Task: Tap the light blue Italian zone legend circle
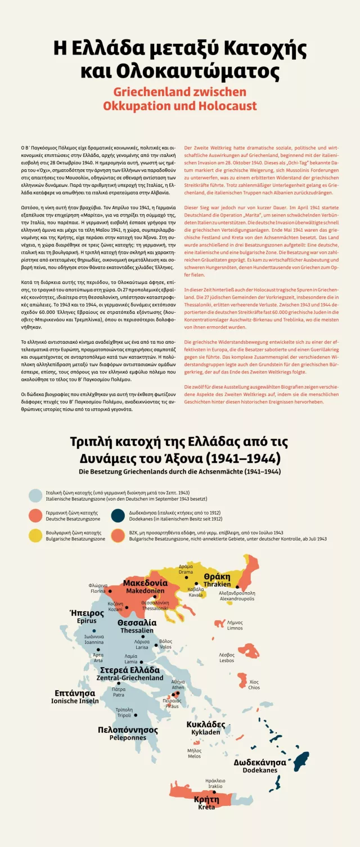tap(36, 495)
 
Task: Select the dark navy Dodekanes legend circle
tap(118, 516)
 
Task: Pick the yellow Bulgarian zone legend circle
tap(36, 535)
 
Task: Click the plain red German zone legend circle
tap(36, 516)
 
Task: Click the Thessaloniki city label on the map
tap(155, 605)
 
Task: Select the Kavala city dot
tap(196, 584)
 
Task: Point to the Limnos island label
tap(235, 625)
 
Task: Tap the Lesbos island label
tap(227, 658)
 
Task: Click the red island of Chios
tap(242, 680)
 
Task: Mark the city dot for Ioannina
tap(94, 631)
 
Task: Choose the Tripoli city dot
tap(136, 715)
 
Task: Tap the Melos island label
tap(194, 753)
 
